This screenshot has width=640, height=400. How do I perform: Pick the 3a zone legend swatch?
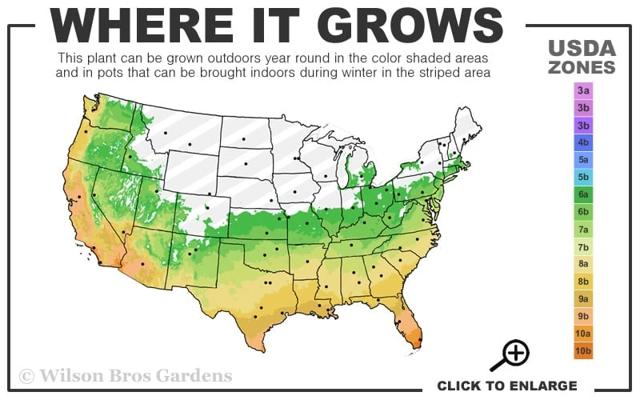[x=583, y=91]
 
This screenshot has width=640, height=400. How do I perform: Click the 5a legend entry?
[x=583, y=160]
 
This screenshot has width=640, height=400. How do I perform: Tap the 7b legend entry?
[x=583, y=247]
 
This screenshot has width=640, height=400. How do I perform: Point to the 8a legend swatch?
[x=583, y=264]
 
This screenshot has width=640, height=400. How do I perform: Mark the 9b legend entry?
[x=583, y=316]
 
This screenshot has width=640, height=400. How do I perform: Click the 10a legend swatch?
[x=583, y=334]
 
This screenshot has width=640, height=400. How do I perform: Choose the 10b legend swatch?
[x=583, y=350]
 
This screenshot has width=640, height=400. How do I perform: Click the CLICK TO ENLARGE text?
[x=506, y=386]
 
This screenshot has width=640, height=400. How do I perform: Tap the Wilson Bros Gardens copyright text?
[x=126, y=375]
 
